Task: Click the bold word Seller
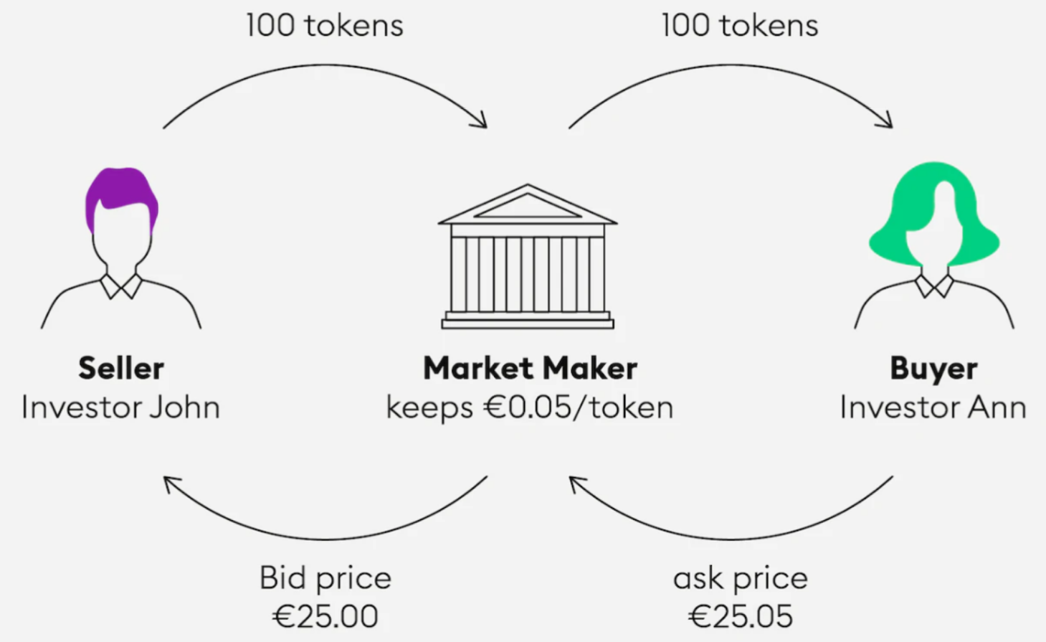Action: [121, 368]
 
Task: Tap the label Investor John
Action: [121, 407]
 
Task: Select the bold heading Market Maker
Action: [530, 368]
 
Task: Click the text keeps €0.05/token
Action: [530, 408]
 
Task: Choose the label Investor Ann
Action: [933, 407]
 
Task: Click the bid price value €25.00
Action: [325, 616]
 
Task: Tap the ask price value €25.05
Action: [741, 616]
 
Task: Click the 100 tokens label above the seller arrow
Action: [325, 25]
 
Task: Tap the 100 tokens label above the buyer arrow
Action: [740, 25]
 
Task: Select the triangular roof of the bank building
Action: [528, 206]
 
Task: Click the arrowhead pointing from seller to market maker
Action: [481, 121]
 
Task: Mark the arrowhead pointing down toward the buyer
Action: [886, 121]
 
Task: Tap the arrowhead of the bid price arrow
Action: [170, 483]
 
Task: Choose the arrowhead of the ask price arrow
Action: [575, 483]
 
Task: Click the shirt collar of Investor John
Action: [121, 286]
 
